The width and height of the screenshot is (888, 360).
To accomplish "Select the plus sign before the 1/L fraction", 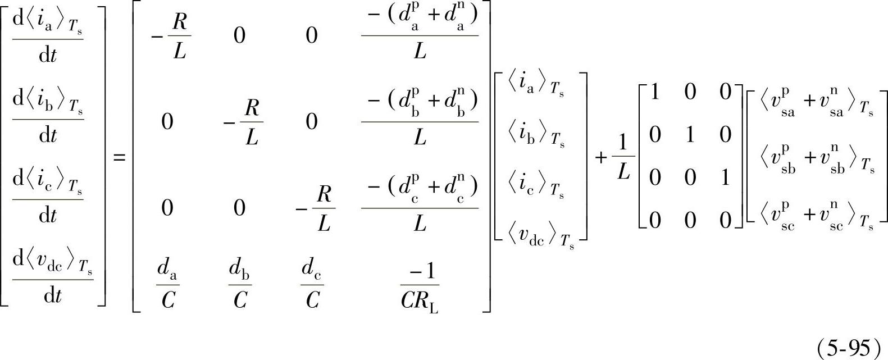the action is (601, 158).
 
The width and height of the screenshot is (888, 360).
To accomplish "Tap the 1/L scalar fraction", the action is (622, 158).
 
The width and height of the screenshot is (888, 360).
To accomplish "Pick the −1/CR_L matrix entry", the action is (420, 287).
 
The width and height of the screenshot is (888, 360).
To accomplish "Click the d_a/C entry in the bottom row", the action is (167, 287).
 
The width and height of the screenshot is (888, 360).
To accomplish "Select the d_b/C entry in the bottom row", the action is (240, 287).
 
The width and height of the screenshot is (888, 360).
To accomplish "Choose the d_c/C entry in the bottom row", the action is (312, 287).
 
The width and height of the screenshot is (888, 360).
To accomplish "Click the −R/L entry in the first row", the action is (173, 37).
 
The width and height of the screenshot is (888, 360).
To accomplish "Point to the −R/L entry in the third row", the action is (317, 209).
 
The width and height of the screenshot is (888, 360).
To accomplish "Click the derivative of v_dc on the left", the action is (52, 279).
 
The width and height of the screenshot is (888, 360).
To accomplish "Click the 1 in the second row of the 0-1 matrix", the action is (690, 135).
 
